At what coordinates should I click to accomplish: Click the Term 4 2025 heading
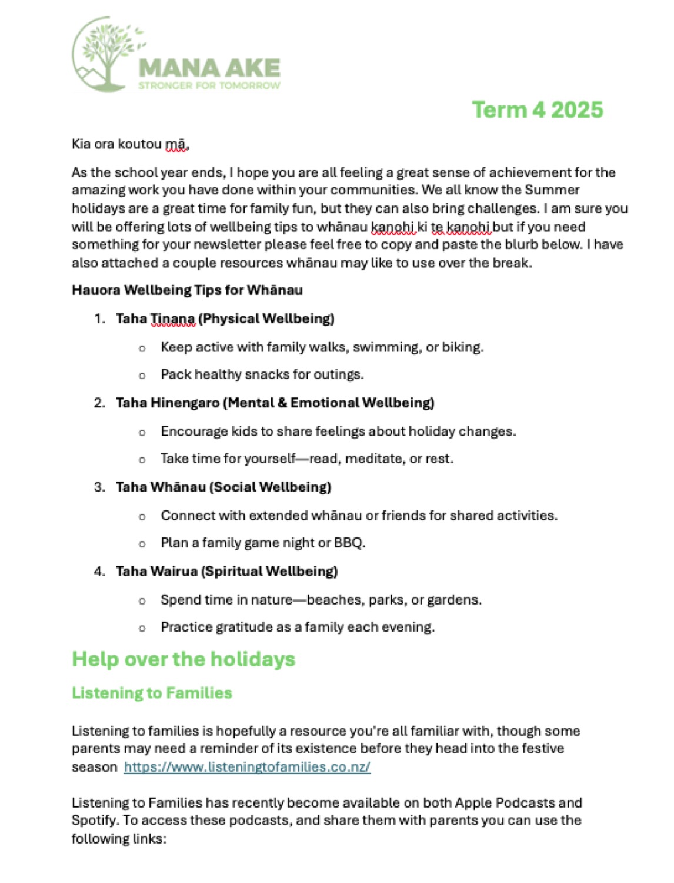click(x=538, y=110)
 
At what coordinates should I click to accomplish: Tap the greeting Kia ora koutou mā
click(x=130, y=144)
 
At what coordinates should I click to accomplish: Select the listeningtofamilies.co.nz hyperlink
click(x=247, y=767)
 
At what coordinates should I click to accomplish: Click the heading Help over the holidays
click(x=183, y=659)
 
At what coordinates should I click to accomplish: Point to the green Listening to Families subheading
click(x=152, y=693)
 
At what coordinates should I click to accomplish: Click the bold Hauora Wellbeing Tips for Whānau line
click(x=187, y=290)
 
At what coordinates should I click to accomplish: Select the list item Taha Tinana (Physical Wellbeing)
click(x=225, y=318)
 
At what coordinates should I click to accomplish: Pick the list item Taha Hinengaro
click(x=275, y=403)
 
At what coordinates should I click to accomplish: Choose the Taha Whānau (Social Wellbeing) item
click(x=223, y=487)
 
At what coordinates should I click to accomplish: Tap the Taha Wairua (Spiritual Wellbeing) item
click(x=226, y=571)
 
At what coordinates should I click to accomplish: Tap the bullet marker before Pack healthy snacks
click(x=142, y=375)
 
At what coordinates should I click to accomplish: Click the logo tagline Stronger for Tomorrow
click(x=209, y=86)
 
